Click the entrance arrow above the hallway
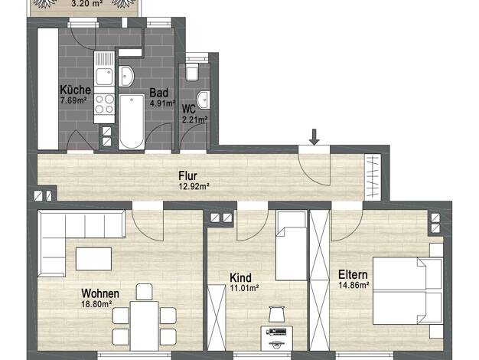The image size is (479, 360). click(x=314, y=136)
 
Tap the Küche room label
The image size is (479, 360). click(x=76, y=90)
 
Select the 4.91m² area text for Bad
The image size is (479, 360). click(x=162, y=103)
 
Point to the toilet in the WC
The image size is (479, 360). click(x=192, y=72)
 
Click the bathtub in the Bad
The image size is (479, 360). click(x=132, y=122)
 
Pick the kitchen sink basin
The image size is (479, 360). click(x=104, y=77)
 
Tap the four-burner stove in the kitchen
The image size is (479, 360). click(x=104, y=104)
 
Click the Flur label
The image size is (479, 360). click(x=188, y=176)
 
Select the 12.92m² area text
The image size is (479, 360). click(x=194, y=186)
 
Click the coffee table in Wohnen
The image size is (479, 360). click(x=93, y=259)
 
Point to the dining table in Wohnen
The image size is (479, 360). click(x=144, y=326)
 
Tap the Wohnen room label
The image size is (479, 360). click(x=100, y=293)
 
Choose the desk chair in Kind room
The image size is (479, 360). click(x=277, y=314)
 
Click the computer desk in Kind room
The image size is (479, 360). click(x=277, y=338)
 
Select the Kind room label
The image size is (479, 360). click(x=241, y=278)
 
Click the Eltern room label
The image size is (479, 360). click(x=353, y=275)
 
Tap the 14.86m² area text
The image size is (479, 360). click(x=354, y=285)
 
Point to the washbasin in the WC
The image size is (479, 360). click(x=204, y=100)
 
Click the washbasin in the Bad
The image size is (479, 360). click(x=126, y=76)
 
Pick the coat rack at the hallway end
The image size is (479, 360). click(x=373, y=177)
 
